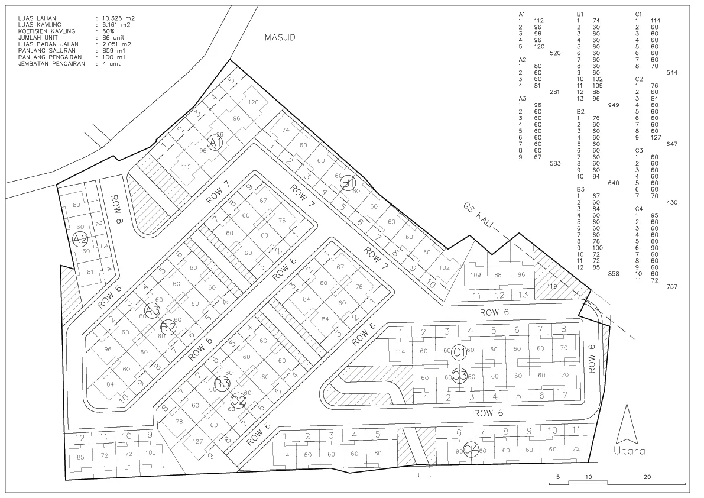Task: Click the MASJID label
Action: click(280, 38)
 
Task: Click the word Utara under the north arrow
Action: click(630, 451)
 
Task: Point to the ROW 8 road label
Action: click(119, 210)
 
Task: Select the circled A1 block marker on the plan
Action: click(216, 143)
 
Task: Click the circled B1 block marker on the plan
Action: click(348, 183)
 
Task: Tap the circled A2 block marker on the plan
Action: click(80, 240)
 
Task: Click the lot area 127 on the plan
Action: click(197, 441)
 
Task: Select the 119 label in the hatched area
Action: click(552, 286)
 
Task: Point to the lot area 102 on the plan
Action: click(444, 268)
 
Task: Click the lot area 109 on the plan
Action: click(475, 275)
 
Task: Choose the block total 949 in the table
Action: click(614, 105)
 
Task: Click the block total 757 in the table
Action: click(671, 286)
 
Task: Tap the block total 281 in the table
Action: click(554, 92)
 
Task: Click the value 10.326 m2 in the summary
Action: click(115, 18)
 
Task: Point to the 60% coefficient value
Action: click(108, 31)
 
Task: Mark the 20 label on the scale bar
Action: click(647, 477)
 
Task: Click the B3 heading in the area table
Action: click(580, 189)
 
